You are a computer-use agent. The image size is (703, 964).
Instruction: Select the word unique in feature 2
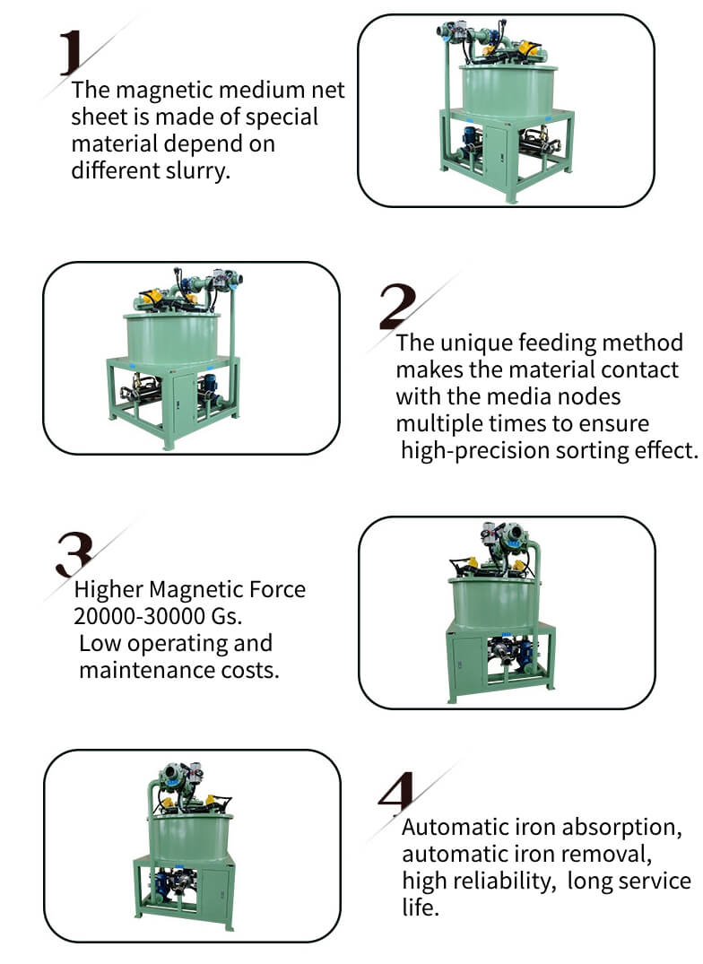469,343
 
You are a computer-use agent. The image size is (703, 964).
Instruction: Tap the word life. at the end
420,908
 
